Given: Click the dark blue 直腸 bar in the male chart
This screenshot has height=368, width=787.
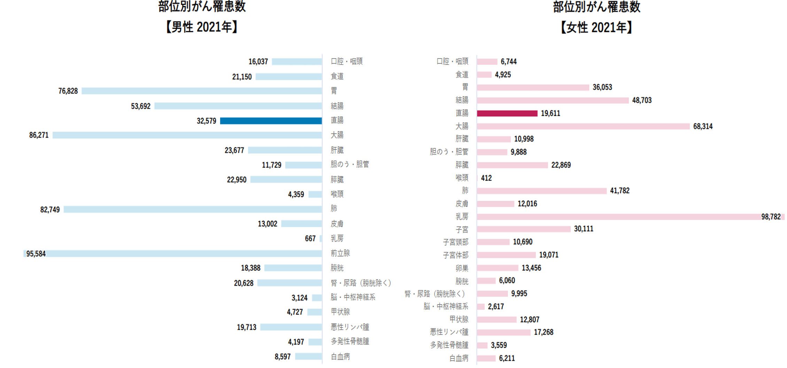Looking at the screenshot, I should (271, 121).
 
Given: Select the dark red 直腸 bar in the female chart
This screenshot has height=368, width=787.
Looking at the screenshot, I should (507, 113).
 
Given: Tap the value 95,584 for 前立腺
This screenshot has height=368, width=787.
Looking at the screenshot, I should (36, 254).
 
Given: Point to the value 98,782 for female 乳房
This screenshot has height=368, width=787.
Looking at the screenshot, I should (771, 217).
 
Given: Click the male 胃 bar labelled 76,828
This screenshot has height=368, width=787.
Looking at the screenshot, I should (202, 91).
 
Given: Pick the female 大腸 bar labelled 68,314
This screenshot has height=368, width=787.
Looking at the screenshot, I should (583, 126).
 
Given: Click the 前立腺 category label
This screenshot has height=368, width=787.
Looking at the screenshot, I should (340, 253).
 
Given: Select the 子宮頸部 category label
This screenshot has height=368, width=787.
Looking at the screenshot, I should (455, 242).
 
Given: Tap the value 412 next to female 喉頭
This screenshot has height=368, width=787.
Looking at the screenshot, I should (486, 178).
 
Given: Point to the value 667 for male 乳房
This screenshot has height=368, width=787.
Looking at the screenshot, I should (310, 238).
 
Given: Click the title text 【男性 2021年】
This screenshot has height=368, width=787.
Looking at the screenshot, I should (202, 27).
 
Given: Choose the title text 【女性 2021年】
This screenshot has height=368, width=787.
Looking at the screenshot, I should (596, 27).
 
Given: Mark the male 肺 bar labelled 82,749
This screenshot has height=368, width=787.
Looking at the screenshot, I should (193, 209).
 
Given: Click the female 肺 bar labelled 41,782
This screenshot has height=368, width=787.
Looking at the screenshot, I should (541, 191).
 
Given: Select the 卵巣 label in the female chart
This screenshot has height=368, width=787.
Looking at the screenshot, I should (462, 268).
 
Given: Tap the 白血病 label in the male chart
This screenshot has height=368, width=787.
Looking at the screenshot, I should (340, 357).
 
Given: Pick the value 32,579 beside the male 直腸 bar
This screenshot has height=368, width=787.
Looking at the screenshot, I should (206, 121).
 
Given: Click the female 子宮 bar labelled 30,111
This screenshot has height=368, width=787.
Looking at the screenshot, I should (523, 229).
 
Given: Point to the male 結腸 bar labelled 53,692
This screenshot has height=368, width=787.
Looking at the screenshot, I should (238, 106).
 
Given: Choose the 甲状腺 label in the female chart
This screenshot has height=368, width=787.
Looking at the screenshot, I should (459, 319).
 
